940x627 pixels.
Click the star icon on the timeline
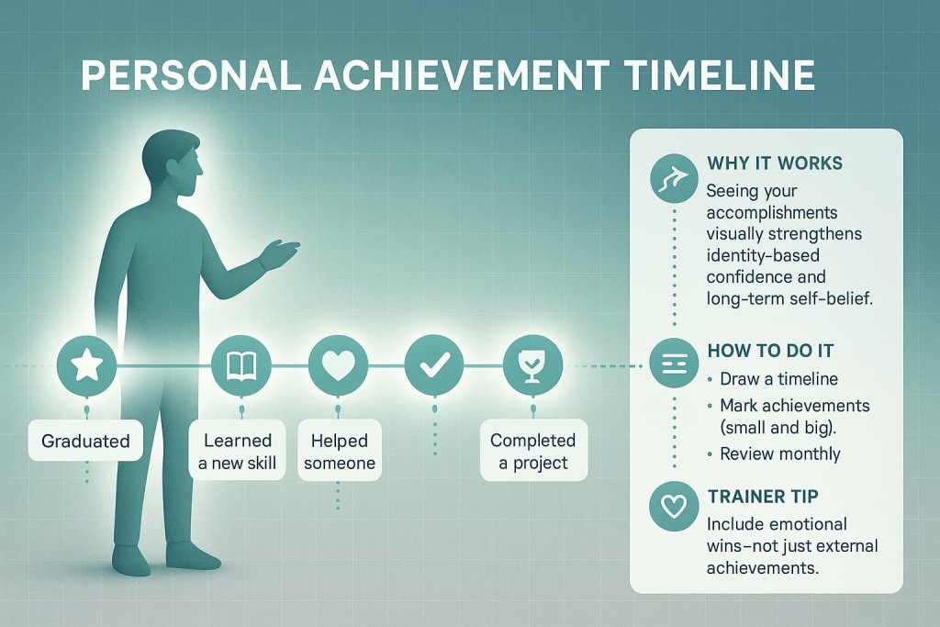tap(86, 366)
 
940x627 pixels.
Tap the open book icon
tap(241, 366)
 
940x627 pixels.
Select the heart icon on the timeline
tap(338, 366)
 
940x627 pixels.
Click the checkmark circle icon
tap(433, 366)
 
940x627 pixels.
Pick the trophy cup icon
tap(531, 366)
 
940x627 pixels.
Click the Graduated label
tap(85, 441)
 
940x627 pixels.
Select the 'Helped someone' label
tap(339, 452)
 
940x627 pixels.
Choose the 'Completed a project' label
tap(532, 452)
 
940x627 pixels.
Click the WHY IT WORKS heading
tap(775, 163)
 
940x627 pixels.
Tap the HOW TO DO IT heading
tap(771, 353)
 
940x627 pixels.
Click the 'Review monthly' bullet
tap(780, 453)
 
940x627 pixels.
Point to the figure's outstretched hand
tap(281, 251)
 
